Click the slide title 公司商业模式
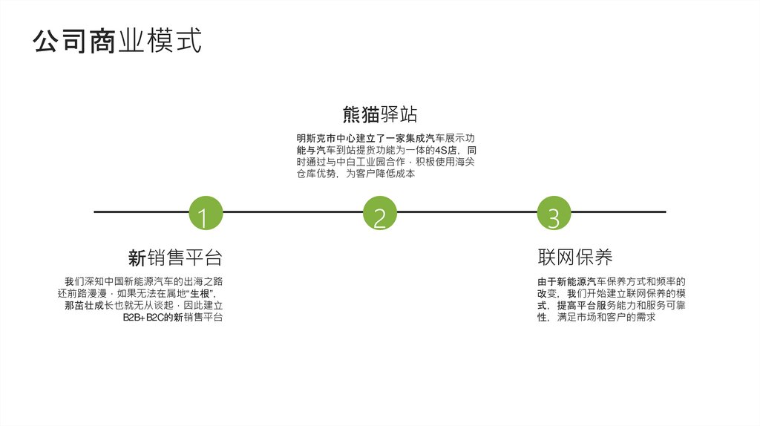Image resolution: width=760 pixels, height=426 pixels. tap(117, 42)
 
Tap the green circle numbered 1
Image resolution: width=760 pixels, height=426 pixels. tap(206, 214)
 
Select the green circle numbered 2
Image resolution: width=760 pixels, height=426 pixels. tap(380, 214)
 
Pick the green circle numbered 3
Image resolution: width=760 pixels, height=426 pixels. tap(554, 214)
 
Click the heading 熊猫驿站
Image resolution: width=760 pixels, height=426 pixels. tap(380, 114)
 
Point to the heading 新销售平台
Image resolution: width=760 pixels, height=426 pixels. tap(175, 258)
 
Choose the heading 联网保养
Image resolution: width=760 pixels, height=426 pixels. tap(575, 258)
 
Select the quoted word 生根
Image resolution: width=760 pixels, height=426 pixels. tap(201, 294)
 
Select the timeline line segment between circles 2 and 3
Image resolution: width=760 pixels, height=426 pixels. tap(467, 212)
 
